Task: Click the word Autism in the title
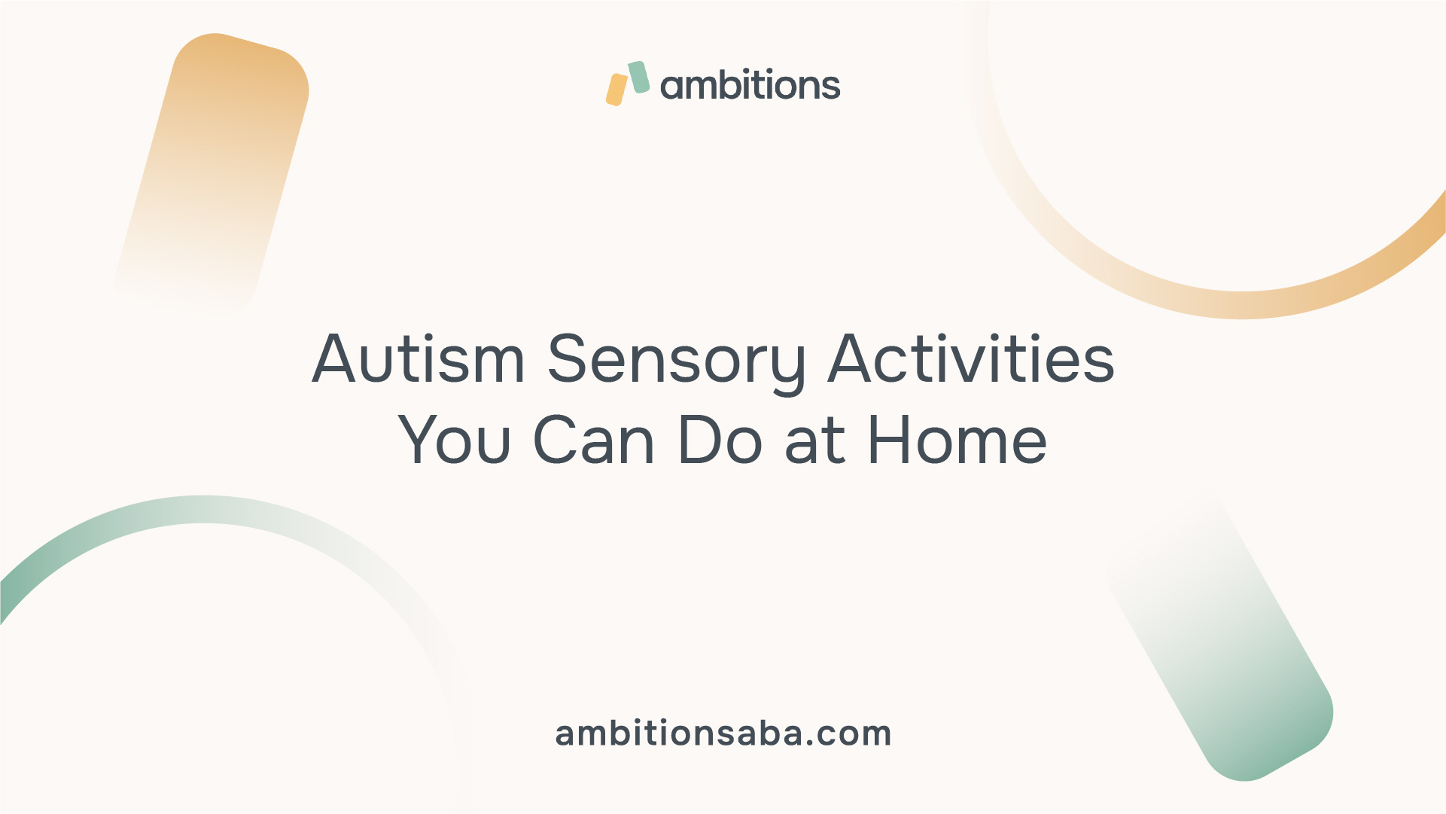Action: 419,358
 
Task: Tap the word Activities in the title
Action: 971,358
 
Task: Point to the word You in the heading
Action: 455,440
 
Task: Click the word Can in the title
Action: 593,440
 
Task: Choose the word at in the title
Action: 814,443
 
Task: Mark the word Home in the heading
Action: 957,440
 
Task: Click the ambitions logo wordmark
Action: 750,84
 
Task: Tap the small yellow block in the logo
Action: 616,90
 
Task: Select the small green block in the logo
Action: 639,78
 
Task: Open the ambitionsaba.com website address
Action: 723,733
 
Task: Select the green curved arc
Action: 203,509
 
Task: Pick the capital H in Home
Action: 889,440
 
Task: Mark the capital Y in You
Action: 419,440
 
